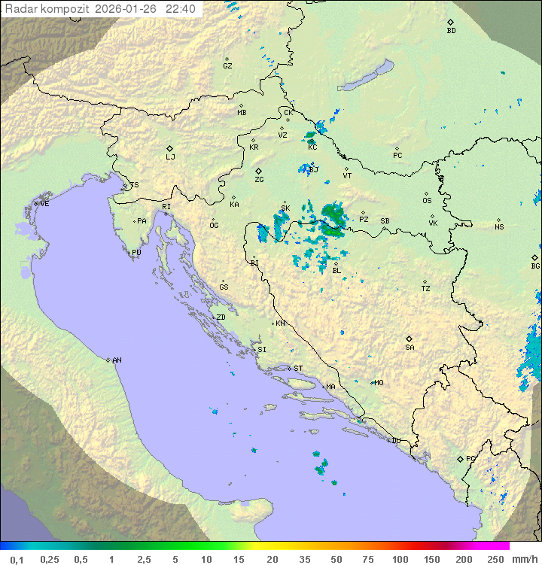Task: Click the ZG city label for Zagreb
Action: tap(259, 181)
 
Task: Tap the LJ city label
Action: tap(170, 157)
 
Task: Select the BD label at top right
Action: tap(451, 31)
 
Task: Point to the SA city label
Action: tap(410, 348)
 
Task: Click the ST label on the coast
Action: tap(298, 369)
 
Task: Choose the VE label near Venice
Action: tap(44, 204)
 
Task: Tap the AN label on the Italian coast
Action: tap(117, 360)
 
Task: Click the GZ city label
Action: tap(227, 66)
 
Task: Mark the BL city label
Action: tap(336, 271)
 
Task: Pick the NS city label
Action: tap(499, 227)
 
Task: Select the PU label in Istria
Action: tap(136, 253)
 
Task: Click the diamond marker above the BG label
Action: tap(534, 257)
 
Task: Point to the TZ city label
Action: tap(426, 289)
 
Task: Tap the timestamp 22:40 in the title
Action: tap(181, 9)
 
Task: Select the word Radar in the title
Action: tap(20, 9)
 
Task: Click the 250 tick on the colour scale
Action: tap(495, 559)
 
